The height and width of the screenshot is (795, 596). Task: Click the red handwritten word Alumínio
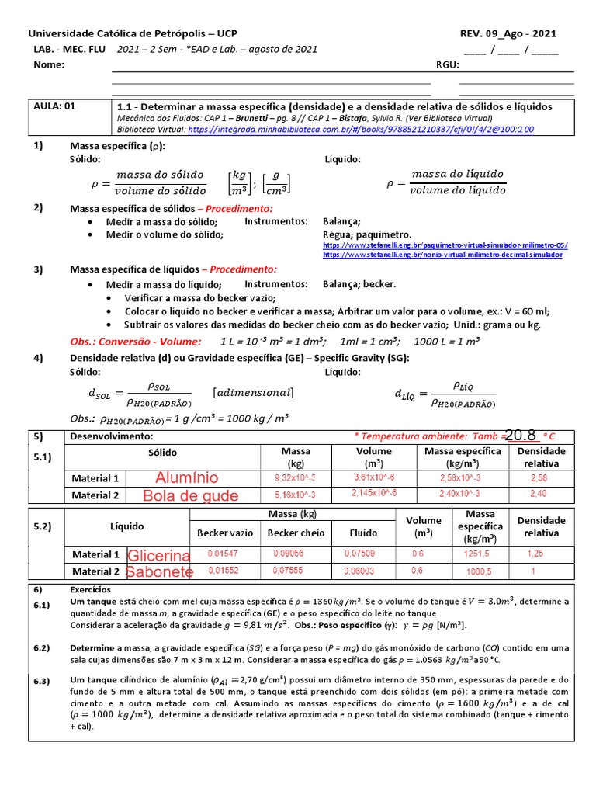click(x=186, y=477)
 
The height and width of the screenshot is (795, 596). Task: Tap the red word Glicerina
click(x=159, y=555)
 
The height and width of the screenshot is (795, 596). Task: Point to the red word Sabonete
click(x=159, y=572)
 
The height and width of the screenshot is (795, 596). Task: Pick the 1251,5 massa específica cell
click(x=475, y=554)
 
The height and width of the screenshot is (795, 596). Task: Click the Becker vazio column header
click(x=225, y=533)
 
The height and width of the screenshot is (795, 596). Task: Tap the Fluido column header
click(x=363, y=533)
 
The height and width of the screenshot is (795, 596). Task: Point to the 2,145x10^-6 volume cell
click(x=374, y=494)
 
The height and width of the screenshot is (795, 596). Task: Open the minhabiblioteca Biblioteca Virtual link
click(x=360, y=130)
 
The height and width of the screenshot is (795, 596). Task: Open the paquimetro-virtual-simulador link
click(x=445, y=245)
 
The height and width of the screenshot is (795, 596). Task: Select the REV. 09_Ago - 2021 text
click(x=508, y=34)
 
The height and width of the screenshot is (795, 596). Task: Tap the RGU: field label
click(x=448, y=65)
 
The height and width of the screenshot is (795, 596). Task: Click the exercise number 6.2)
click(x=41, y=647)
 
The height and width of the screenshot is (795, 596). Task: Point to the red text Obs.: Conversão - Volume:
click(x=136, y=341)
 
